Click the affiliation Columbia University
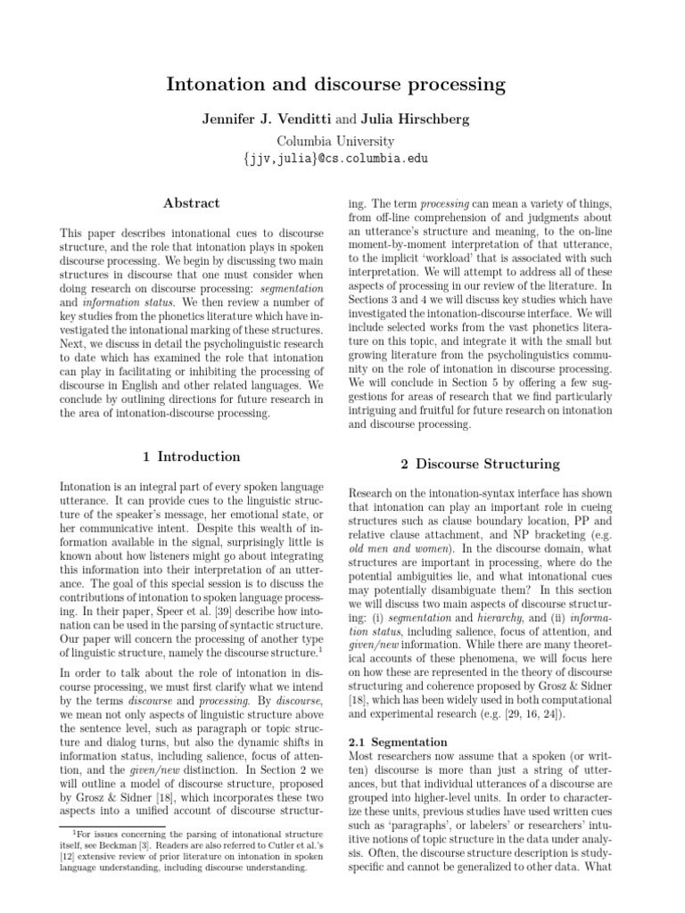[x=335, y=141]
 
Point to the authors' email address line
[x=335, y=159]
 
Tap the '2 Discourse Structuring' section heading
[x=479, y=464]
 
